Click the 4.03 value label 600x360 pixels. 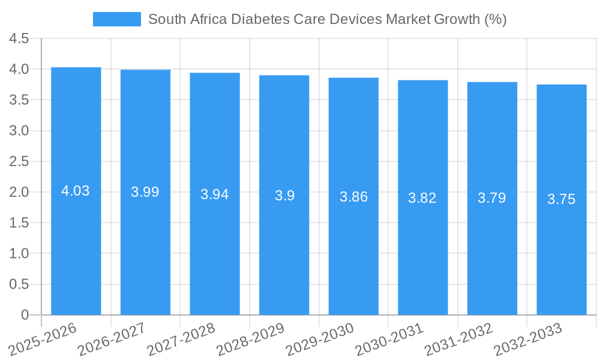point(76,191)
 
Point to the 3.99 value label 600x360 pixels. point(145,192)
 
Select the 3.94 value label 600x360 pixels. point(214,194)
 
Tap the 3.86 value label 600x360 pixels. point(353,197)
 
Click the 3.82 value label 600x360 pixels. point(422,198)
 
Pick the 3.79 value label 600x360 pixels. point(492,198)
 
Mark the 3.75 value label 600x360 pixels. point(561,200)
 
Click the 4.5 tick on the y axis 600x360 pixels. point(19,39)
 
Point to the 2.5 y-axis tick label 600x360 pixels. point(19,161)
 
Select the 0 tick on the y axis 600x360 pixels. point(25,314)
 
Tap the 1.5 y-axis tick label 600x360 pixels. point(19,223)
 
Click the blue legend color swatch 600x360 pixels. point(116,19)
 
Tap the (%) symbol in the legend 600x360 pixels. point(495,19)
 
